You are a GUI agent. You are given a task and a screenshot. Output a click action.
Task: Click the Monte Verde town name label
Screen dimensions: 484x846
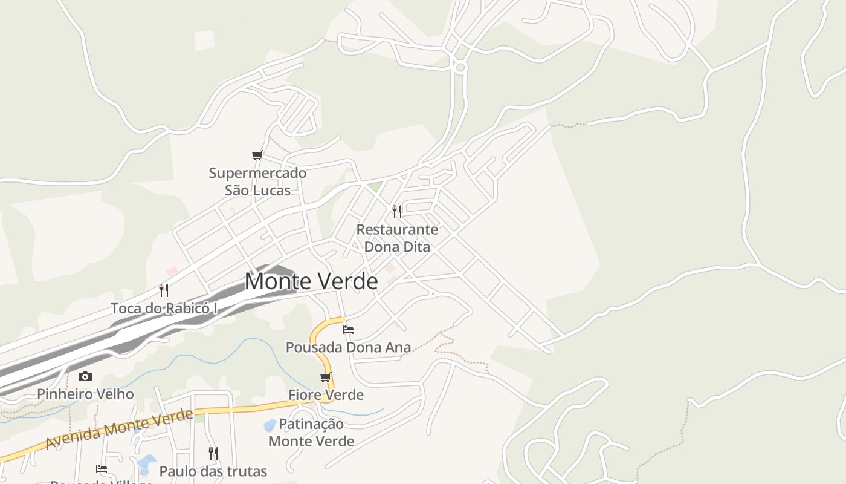[x=311, y=281]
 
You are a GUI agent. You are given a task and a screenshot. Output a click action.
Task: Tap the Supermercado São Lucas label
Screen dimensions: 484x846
[x=257, y=181]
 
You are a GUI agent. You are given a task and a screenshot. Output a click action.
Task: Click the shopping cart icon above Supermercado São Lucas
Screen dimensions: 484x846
[x=257, y=155]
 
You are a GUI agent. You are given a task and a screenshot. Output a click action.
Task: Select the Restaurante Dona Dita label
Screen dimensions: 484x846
[x=397, y=238]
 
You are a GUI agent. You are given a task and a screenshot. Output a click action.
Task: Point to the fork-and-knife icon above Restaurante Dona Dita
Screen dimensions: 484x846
[x=397, y=211]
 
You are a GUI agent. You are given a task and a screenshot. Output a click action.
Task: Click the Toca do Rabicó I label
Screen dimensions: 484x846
[x=164, y=309]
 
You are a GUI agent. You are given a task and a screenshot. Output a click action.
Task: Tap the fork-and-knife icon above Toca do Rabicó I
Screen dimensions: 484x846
[x=163, y=290]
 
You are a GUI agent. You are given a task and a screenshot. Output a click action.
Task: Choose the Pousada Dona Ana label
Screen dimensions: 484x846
[x=348, y=347]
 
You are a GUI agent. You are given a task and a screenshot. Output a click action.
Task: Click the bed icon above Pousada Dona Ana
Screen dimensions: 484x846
[x=348, y=330]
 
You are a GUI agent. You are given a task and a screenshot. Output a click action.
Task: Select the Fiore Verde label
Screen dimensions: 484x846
[x=326, y=395]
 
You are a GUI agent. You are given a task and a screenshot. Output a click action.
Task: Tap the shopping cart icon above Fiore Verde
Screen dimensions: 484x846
[x=326, y=378]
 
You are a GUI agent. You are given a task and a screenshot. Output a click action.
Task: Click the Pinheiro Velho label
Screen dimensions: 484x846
[x=85, y=394]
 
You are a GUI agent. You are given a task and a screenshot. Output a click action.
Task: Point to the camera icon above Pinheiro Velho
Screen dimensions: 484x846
[x=85, y=376]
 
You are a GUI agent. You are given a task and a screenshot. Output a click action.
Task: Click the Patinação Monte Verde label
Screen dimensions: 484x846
[x=311, y=432]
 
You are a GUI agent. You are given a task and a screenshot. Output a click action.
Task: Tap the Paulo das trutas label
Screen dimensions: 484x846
[x=213, y=471]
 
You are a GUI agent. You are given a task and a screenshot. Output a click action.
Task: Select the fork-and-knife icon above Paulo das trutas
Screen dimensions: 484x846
[x=213, y=453]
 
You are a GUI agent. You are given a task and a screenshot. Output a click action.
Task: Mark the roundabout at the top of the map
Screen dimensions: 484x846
[x=460, y=68]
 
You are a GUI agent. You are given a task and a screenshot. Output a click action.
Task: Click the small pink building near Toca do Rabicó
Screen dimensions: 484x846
[x=172, y=270]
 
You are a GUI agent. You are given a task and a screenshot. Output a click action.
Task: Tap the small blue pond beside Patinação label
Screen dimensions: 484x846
[x=270, y=425]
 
